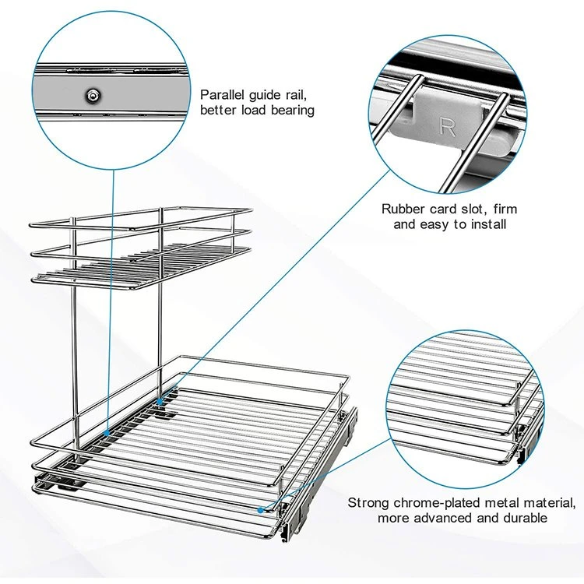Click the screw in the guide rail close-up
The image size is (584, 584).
coord(92,96)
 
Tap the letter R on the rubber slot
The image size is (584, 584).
coord(447,128)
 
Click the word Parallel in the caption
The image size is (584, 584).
coord(222,95)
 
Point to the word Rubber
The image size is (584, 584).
coord(403,209)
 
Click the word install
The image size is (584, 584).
coord(489,224)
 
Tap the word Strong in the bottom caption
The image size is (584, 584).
coord(369,503)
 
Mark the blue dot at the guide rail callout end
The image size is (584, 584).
coord(107,433)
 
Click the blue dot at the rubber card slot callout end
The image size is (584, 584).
coord(159,402)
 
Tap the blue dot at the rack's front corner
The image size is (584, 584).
coord(260,509)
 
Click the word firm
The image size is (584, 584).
coord(505,209)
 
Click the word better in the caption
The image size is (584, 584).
coord(218,111)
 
